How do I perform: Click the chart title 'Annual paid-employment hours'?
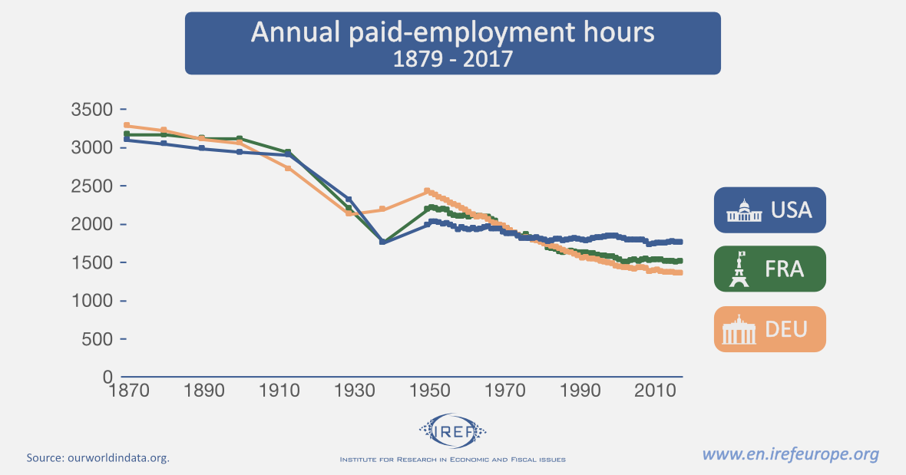point(452,33)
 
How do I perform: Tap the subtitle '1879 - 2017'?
point(452,58)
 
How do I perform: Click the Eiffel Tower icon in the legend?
point(739,269)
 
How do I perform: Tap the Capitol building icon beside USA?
point(742,210)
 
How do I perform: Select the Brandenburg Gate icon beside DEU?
point(739,330)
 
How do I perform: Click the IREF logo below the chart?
point(452,429)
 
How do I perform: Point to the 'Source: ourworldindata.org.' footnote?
point(98,458)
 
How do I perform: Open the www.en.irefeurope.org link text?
point(791,454)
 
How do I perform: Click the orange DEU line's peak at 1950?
point(427,190)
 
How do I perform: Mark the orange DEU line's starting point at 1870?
point(126,125)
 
